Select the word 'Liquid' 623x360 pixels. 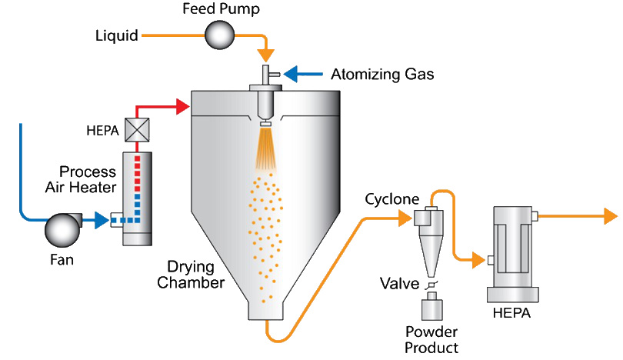tap(117, 35)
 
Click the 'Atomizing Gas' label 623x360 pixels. tap(382, 75)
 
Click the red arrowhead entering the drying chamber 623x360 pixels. tap(182, 106)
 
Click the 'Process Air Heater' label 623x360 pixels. tap(88, 178)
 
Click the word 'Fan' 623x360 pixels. tap(62, 260)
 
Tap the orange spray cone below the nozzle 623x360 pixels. tap(265, 150)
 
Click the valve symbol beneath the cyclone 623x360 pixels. tap(431, 285)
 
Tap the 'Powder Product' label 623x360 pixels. tap(431, 339)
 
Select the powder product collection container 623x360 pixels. tap(431, 309)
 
